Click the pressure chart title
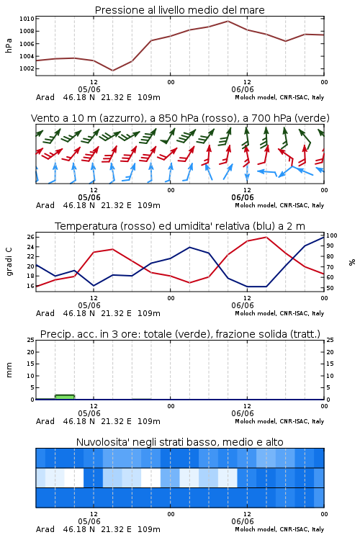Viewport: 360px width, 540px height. click(179, 10)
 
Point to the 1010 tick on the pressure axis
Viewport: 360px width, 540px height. click(27, 19)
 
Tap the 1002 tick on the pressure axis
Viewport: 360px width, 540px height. click(27, 68)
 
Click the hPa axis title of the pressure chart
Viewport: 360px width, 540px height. click(9, 45)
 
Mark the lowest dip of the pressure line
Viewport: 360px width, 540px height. click(112, 71)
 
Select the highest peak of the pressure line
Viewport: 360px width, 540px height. click(228, 21)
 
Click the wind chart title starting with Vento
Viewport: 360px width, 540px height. click(180, 118)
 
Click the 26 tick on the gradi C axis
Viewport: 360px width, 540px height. click(31, 237)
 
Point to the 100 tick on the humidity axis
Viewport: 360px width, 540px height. click(332, 235)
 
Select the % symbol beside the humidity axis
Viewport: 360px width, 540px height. click(352, 262)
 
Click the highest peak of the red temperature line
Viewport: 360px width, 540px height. click(266, 237)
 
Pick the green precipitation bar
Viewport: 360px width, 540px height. click(65, 397)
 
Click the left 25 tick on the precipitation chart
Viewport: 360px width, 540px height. click(31, 340)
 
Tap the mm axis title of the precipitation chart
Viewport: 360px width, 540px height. click(9, 370)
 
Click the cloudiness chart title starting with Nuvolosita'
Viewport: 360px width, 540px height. click(179, 442)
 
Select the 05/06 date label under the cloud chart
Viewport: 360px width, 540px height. click(89, 521)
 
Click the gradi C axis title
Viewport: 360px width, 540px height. click(9, 262)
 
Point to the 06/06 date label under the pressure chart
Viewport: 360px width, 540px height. click(243, 89)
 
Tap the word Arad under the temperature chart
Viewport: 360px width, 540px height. click(45, 313)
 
